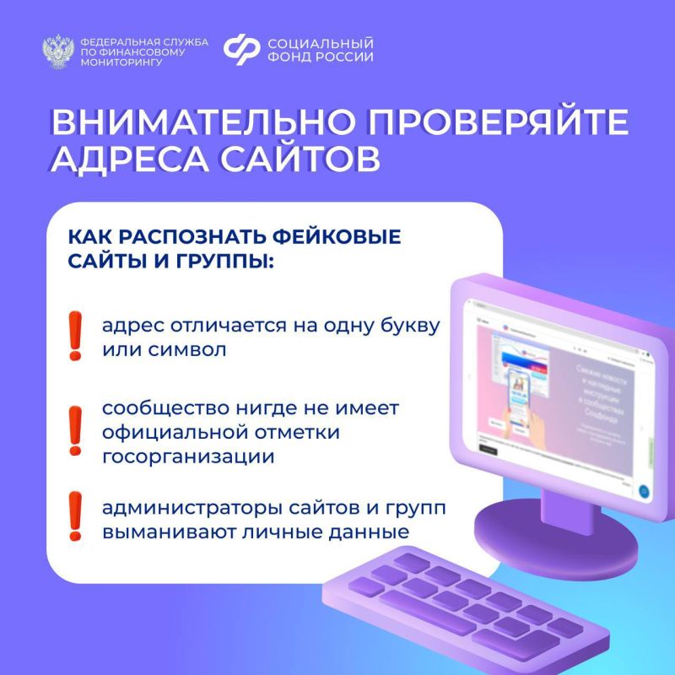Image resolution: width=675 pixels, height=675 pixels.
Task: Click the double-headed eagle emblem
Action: (58, 51)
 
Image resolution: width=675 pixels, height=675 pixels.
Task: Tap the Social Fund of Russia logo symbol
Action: (241, 51)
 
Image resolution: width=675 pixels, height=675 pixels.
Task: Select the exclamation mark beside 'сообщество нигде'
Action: (76, 432)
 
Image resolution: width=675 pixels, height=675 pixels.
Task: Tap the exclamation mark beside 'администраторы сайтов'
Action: (76, 516)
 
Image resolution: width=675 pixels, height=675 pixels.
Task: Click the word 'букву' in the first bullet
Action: (410, 326)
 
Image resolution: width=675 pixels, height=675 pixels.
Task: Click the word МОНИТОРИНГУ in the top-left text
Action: (117, 62)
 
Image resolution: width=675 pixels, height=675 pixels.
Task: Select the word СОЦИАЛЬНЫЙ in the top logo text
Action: (320, 43)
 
